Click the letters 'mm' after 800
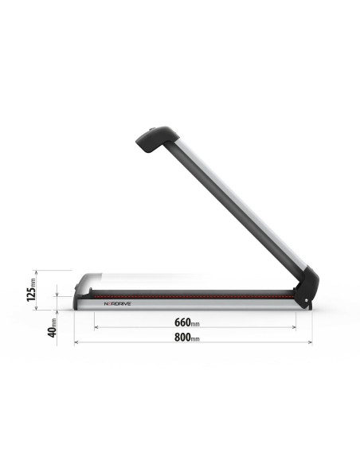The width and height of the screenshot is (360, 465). tap(194, 339)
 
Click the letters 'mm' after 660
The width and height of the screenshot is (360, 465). tap(195, 324)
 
